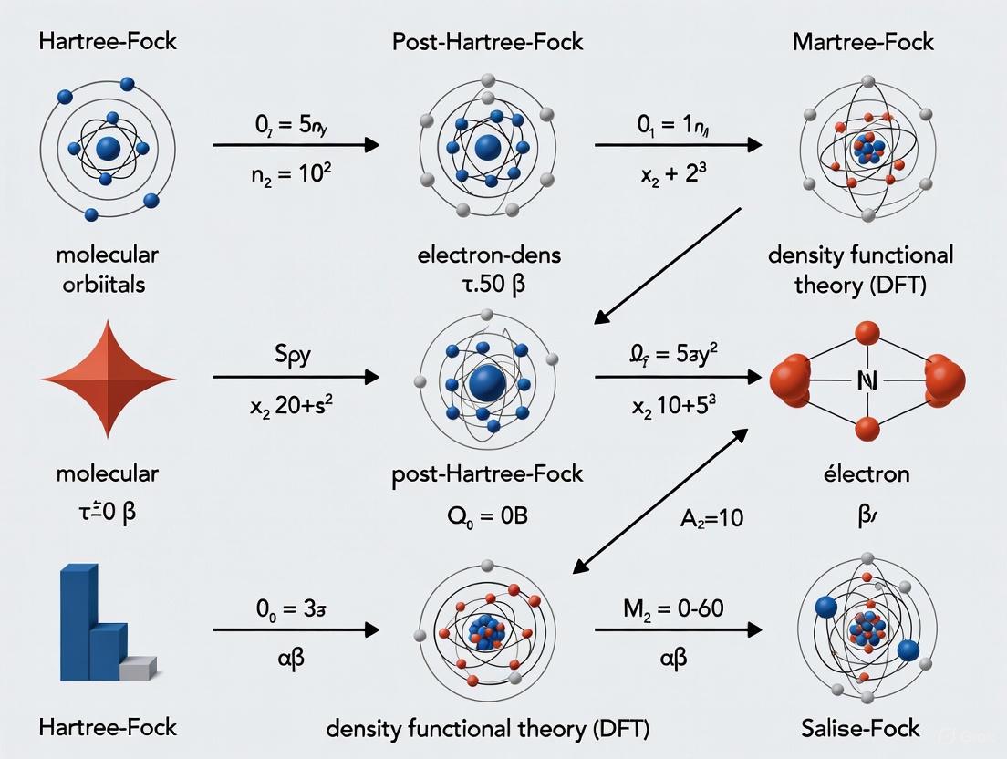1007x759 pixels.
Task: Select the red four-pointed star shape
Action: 109,377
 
